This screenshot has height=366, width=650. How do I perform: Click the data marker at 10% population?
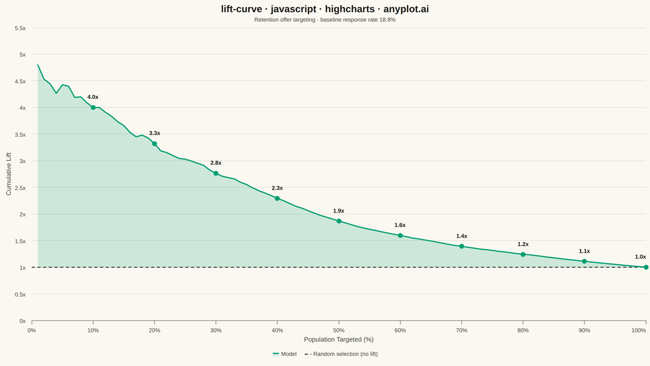pyautogui.click(x=93, y=107)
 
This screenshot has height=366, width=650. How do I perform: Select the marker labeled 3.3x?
pyautogui.click(x=155, y=144)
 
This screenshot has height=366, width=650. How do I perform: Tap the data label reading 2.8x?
pyautogui.click(x=216, y=163)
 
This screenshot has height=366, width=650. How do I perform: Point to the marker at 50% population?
pyautogui.click(x=339, y=221)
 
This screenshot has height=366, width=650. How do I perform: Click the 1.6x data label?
pyautogui.click(x=400, y=225)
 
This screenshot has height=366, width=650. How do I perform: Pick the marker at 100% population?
pyautogui.click(x=646, y=267)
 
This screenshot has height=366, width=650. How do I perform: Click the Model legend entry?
pyautogui.click(x=285, y=354)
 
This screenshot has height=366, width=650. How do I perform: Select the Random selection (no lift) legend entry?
pyautogui.click(x=341, y=354)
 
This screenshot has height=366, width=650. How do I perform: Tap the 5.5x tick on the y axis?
pyautogui.click(x=21, y=28)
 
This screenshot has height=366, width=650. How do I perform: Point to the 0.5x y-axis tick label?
pyautogui.click(x=21, y=294)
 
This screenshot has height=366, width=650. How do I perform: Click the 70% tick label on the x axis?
pyautogui.click(x=461, y=330)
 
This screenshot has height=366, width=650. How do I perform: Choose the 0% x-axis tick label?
pyautogui.click(x=31, y=330)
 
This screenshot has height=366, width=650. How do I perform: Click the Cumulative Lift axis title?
pyautogui.click(x=9, y=174)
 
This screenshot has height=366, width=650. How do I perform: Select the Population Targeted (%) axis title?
pyautogui.click(x=339, y=339)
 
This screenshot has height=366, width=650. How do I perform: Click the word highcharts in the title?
pyautogui.click(x=350, y=9)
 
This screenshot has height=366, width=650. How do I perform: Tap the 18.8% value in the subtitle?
pyautogui.click(x=387, y=20)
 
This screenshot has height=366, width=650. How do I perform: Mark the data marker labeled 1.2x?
pyautogui.click(x=523, y=254)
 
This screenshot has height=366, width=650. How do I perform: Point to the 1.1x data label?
pyautogui.click(x=584, y=251)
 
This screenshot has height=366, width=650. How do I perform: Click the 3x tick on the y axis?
pyautogui.click(x=23, y=161)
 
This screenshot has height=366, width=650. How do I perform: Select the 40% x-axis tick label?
pyautogui.click(x=277, y=330)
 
